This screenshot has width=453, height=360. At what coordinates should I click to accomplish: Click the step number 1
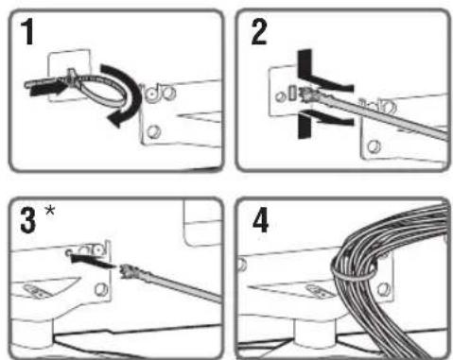[x=28, y=32]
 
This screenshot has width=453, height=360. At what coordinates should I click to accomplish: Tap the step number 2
[x=259, y=32]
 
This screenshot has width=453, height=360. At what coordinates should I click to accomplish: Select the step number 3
[x=28, y=220]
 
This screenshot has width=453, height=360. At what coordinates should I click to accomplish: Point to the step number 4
[x=260, y=220]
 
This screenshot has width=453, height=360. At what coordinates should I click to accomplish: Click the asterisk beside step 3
[x=50, y=211]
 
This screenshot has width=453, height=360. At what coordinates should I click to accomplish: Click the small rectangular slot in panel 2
[x=292, y=93]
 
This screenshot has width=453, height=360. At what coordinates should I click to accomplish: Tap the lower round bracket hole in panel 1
[x=153, y=131]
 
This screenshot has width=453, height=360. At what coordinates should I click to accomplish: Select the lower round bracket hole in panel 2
[x=375, y=146]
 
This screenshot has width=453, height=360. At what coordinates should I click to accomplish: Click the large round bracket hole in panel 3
[x=101, y=289]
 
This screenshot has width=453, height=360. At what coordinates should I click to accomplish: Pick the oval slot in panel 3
[x=35, y=291]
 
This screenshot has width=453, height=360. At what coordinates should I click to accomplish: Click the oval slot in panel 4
[x=318, y=291]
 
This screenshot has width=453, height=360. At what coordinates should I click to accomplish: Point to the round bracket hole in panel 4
[x=383, y=289]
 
